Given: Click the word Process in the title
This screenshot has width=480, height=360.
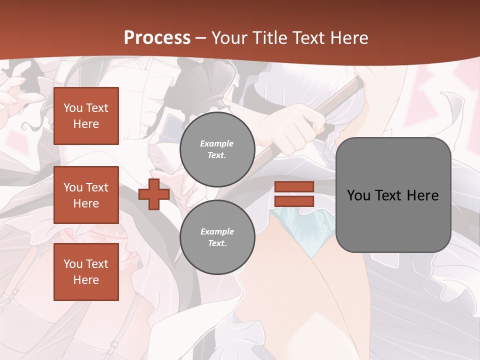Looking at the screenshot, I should pos(157,38).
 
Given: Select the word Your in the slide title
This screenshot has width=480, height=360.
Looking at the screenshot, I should pos(229,38).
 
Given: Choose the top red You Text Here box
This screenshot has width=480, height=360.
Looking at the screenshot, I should pos(86,116).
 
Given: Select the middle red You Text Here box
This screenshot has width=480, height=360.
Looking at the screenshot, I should pos(86,195).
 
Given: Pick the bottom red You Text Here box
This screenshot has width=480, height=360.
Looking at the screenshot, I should pos(86,272).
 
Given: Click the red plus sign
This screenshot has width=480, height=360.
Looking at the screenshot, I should pos(154,194).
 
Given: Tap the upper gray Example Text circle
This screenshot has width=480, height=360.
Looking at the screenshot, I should pos(217,149).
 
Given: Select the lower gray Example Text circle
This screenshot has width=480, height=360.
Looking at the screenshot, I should pos(217,237).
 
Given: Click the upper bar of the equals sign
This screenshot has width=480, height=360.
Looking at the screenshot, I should pos(294,187).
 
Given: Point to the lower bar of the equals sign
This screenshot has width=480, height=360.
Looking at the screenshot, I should pos(294,201).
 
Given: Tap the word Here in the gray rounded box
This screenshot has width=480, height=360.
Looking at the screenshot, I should pos(422,195).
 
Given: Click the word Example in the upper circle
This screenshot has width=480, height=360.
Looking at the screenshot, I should pos(217,143).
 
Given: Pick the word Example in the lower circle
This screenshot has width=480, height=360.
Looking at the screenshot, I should pos(217,231).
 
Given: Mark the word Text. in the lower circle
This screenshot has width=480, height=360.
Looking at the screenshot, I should pos(217,243).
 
